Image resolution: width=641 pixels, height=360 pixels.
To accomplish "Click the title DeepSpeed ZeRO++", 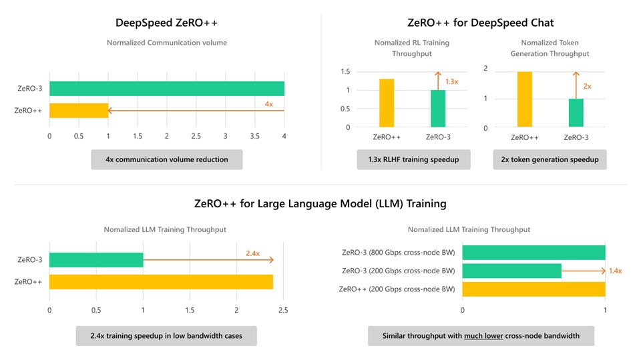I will [x=166, y=23].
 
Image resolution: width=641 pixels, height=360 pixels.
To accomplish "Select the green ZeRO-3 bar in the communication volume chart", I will [x=166, y=88].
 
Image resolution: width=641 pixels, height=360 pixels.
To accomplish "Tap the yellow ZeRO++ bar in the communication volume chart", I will [x=78, y=111].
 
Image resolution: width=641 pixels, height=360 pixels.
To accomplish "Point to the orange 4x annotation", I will [x=268, y=104].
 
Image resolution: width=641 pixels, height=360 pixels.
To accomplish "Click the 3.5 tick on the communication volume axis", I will [x=255, y=136].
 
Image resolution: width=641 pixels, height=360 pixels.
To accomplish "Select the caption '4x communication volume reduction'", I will [x=166, y=159].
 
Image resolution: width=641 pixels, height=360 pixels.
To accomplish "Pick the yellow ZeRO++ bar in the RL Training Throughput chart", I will [x=387, y=103].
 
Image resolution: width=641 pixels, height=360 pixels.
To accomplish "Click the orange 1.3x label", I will [x=451, y=81].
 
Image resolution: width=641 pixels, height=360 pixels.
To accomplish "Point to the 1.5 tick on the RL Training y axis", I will [x=345, y=72].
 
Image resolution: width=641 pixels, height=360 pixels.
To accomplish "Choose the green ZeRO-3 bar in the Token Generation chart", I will [x=576, y=113].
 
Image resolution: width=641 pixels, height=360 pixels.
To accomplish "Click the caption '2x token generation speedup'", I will [x=550, y=159].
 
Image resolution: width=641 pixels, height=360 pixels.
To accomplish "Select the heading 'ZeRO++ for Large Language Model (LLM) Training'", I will [x=320, y=203].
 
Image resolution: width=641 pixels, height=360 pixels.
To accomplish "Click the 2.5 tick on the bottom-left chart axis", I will [x=283, y=310].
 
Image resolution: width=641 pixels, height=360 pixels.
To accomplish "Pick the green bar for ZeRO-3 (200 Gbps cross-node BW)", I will [x=511, y=271].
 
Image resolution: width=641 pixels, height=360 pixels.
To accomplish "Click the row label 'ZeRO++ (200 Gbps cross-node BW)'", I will [x=397, y=289].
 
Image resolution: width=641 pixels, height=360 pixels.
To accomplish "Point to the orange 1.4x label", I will [x=615, y=271].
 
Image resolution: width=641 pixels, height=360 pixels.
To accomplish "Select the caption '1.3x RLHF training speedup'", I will [x=413, y=159].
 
